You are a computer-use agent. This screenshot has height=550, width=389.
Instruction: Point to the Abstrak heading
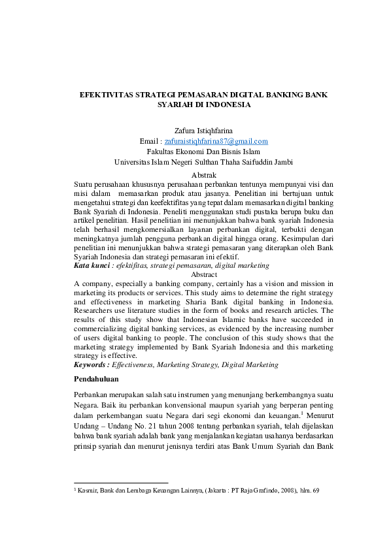[203, 175]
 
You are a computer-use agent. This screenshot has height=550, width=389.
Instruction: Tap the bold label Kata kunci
[91, 266]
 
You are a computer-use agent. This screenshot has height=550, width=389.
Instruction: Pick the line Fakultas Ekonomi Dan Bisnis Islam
[203, 152]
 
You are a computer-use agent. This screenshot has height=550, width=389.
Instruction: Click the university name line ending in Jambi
[203, 162]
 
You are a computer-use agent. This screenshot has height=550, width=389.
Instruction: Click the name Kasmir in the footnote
[88, 490]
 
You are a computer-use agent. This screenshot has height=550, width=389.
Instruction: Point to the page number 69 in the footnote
[316, 490]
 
